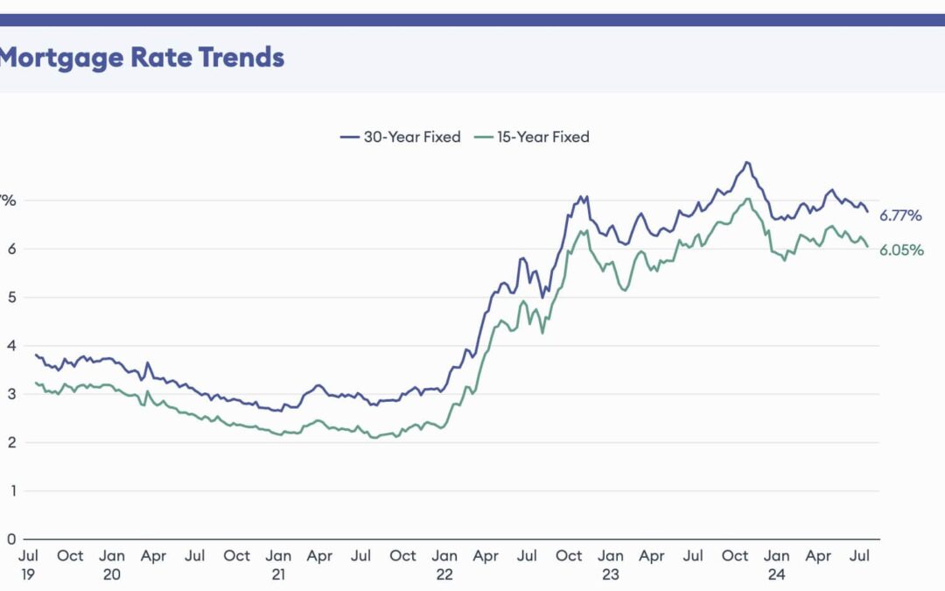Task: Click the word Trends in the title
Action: [x=241, y=58]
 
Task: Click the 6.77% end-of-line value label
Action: [x=900, y=215]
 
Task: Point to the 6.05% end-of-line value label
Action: [x=900, y=250]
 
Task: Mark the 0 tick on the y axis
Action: [x=11, y=539]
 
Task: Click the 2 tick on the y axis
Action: [x=11, y=442]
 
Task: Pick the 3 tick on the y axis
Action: [x=11, y=394]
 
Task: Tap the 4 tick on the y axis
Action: [x=11, y=346]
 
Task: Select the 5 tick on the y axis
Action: [x=11, y=297]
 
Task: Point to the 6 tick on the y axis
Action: [x=11, y=249]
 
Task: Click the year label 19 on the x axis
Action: [x=28, y=574]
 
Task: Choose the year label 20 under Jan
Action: [x=112, y=574]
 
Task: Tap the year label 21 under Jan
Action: [x=278, y=574]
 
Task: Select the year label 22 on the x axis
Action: [x=444, y=574]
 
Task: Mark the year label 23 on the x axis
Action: [x=611, y=574]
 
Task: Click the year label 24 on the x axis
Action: [x=777, y=574]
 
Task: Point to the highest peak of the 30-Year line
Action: [x=746, y=162]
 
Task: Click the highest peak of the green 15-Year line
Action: [x=748, y=199]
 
